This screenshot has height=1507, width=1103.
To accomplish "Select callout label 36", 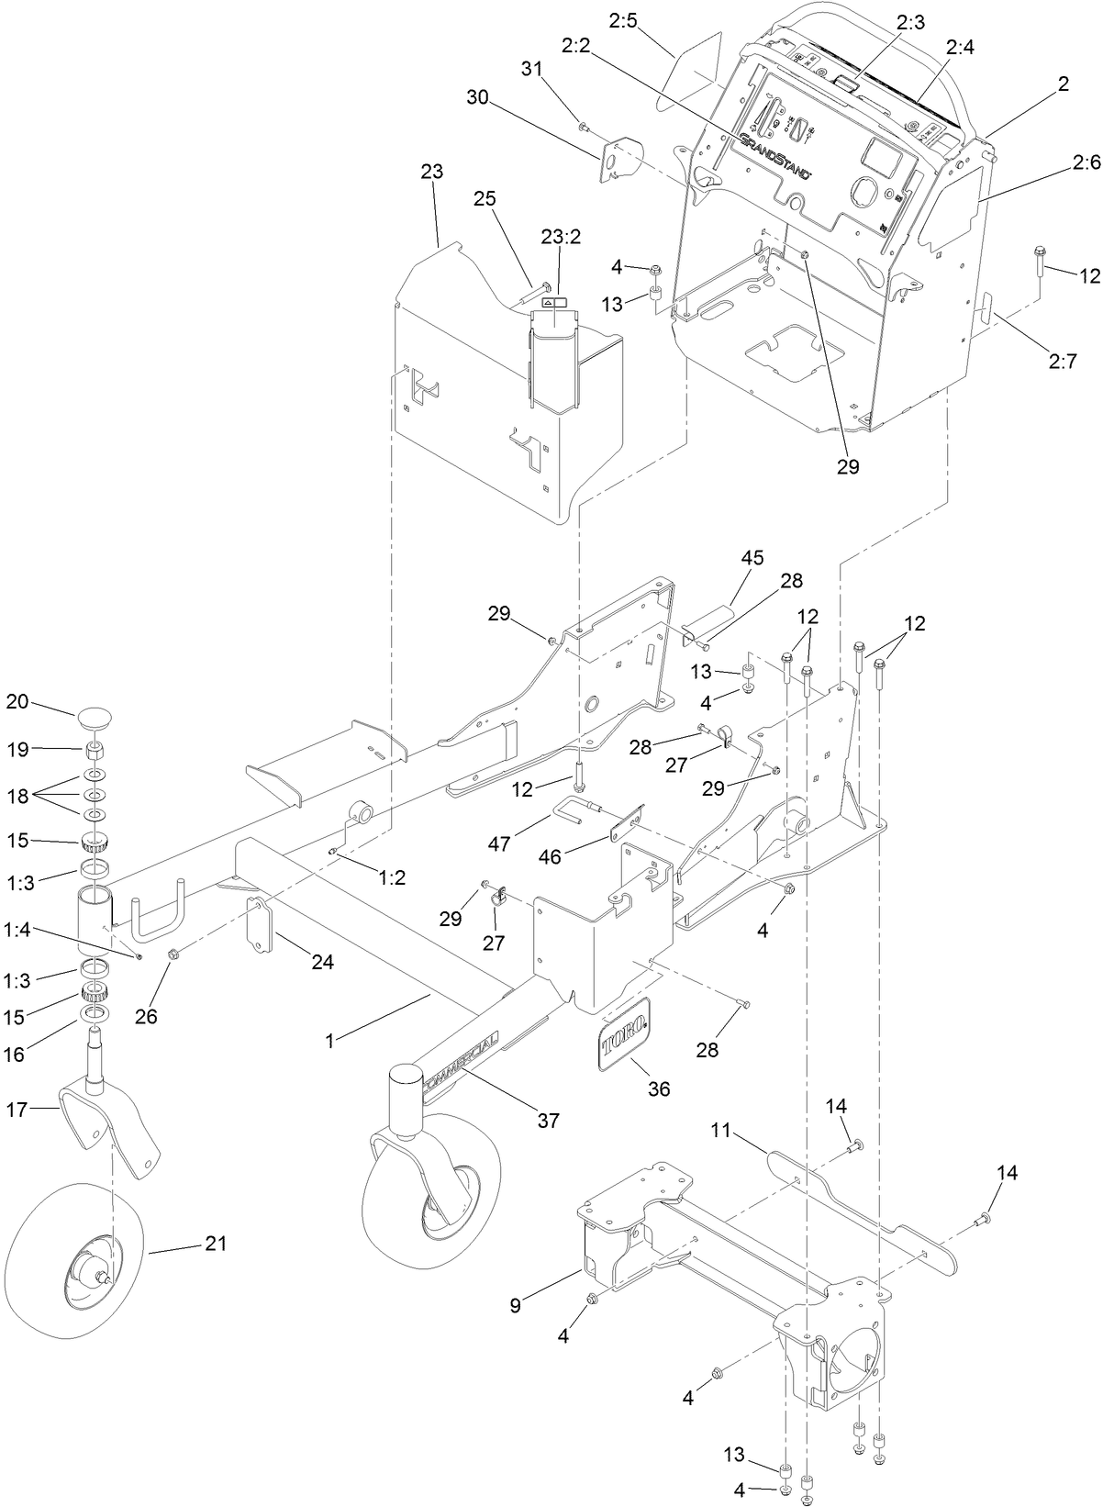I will (x=659, y=1089).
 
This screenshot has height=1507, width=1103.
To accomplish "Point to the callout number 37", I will (x=549, y=1121).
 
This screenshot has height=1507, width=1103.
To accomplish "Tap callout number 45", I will (x=752, y=557).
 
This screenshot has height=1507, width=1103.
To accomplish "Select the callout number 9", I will (x=515, y=1305).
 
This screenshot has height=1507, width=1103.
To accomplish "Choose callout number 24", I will (x=322, y=962).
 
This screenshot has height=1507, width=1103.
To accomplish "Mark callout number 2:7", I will (x=1061, y=361).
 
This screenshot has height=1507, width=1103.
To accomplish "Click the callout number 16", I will (x=15, y=1055).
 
